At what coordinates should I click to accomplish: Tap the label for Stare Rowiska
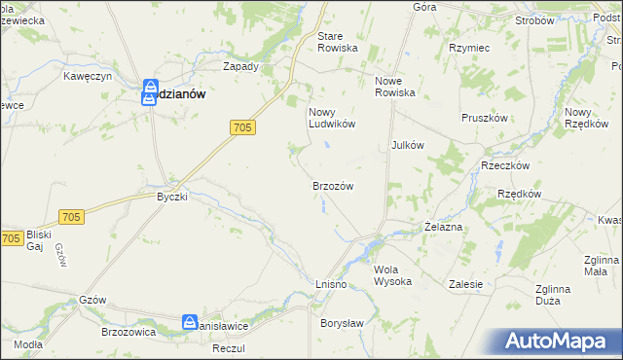pos(338,42)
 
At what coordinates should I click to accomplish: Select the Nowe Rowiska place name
pos(395,87)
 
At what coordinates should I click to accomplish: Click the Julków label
pos(407,145)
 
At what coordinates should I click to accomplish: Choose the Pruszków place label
pos(483,117)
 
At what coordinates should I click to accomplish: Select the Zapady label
pos(240,67)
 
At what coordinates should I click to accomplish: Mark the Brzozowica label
pos(128,331)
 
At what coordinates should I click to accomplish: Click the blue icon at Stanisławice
pos(190,322)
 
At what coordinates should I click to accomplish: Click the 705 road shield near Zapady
pos(243,126)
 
